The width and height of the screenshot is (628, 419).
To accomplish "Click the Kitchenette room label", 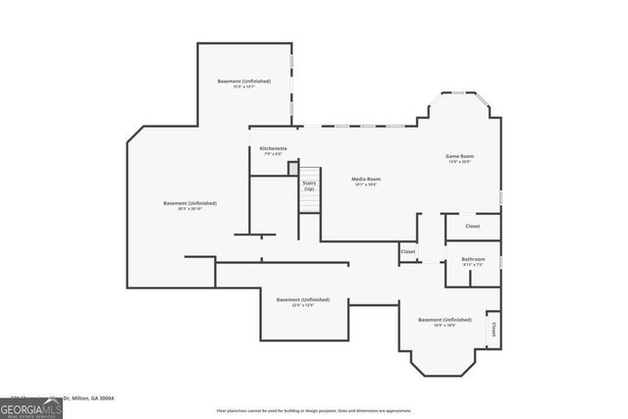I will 273,148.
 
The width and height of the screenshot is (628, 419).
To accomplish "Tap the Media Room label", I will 366,179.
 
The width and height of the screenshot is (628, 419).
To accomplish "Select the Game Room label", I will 460,156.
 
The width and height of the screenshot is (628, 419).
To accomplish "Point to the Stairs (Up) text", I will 309,184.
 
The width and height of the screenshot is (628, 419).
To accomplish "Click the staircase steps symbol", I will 309,201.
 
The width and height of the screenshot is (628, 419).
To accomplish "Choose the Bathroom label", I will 473,259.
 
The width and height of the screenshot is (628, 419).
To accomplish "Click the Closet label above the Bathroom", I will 472,227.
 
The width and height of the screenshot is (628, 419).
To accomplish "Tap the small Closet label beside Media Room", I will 408,251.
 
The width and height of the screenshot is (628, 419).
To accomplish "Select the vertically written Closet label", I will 493,329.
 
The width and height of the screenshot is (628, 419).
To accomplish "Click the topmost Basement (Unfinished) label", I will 243,80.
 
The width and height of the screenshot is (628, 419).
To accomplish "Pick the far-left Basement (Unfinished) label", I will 189,203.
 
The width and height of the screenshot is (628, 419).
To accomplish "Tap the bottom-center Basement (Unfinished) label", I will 302,299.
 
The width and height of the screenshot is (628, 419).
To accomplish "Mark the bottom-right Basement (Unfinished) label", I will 445,320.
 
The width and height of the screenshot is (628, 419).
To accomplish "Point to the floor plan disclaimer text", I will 312,410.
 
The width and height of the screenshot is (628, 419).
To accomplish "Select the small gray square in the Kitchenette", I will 292,169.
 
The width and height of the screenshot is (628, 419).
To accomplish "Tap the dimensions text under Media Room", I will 366,184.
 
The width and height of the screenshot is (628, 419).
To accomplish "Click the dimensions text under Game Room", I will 460,162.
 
